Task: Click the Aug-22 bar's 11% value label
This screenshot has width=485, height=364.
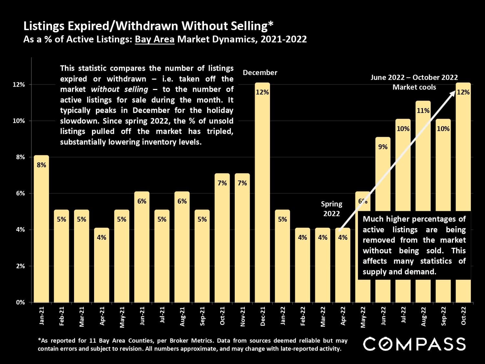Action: (x=423, y=111)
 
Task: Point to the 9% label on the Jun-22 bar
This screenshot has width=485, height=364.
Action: (x=383, y=147)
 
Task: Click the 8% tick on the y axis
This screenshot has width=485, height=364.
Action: (x=21, y=157)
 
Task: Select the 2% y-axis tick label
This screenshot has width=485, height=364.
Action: (x=21, y=266)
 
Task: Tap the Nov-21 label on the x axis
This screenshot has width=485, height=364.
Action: (x=242, y=316)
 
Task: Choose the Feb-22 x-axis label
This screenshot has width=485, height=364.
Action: (x=303, y=316)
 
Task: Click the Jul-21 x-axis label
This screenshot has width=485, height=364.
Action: (x=162, y=315)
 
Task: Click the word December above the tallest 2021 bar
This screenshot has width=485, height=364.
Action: (x=260, y=73)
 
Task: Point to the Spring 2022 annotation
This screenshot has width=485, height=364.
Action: (x=331, y=209)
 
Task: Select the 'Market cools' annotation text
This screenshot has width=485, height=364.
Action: (x=414, y=87)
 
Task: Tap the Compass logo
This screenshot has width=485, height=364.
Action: (x=414, y=344)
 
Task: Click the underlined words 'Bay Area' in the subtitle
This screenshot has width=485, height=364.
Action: (x=155, y=39)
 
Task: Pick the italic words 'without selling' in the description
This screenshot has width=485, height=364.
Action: (x=119, y=89)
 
